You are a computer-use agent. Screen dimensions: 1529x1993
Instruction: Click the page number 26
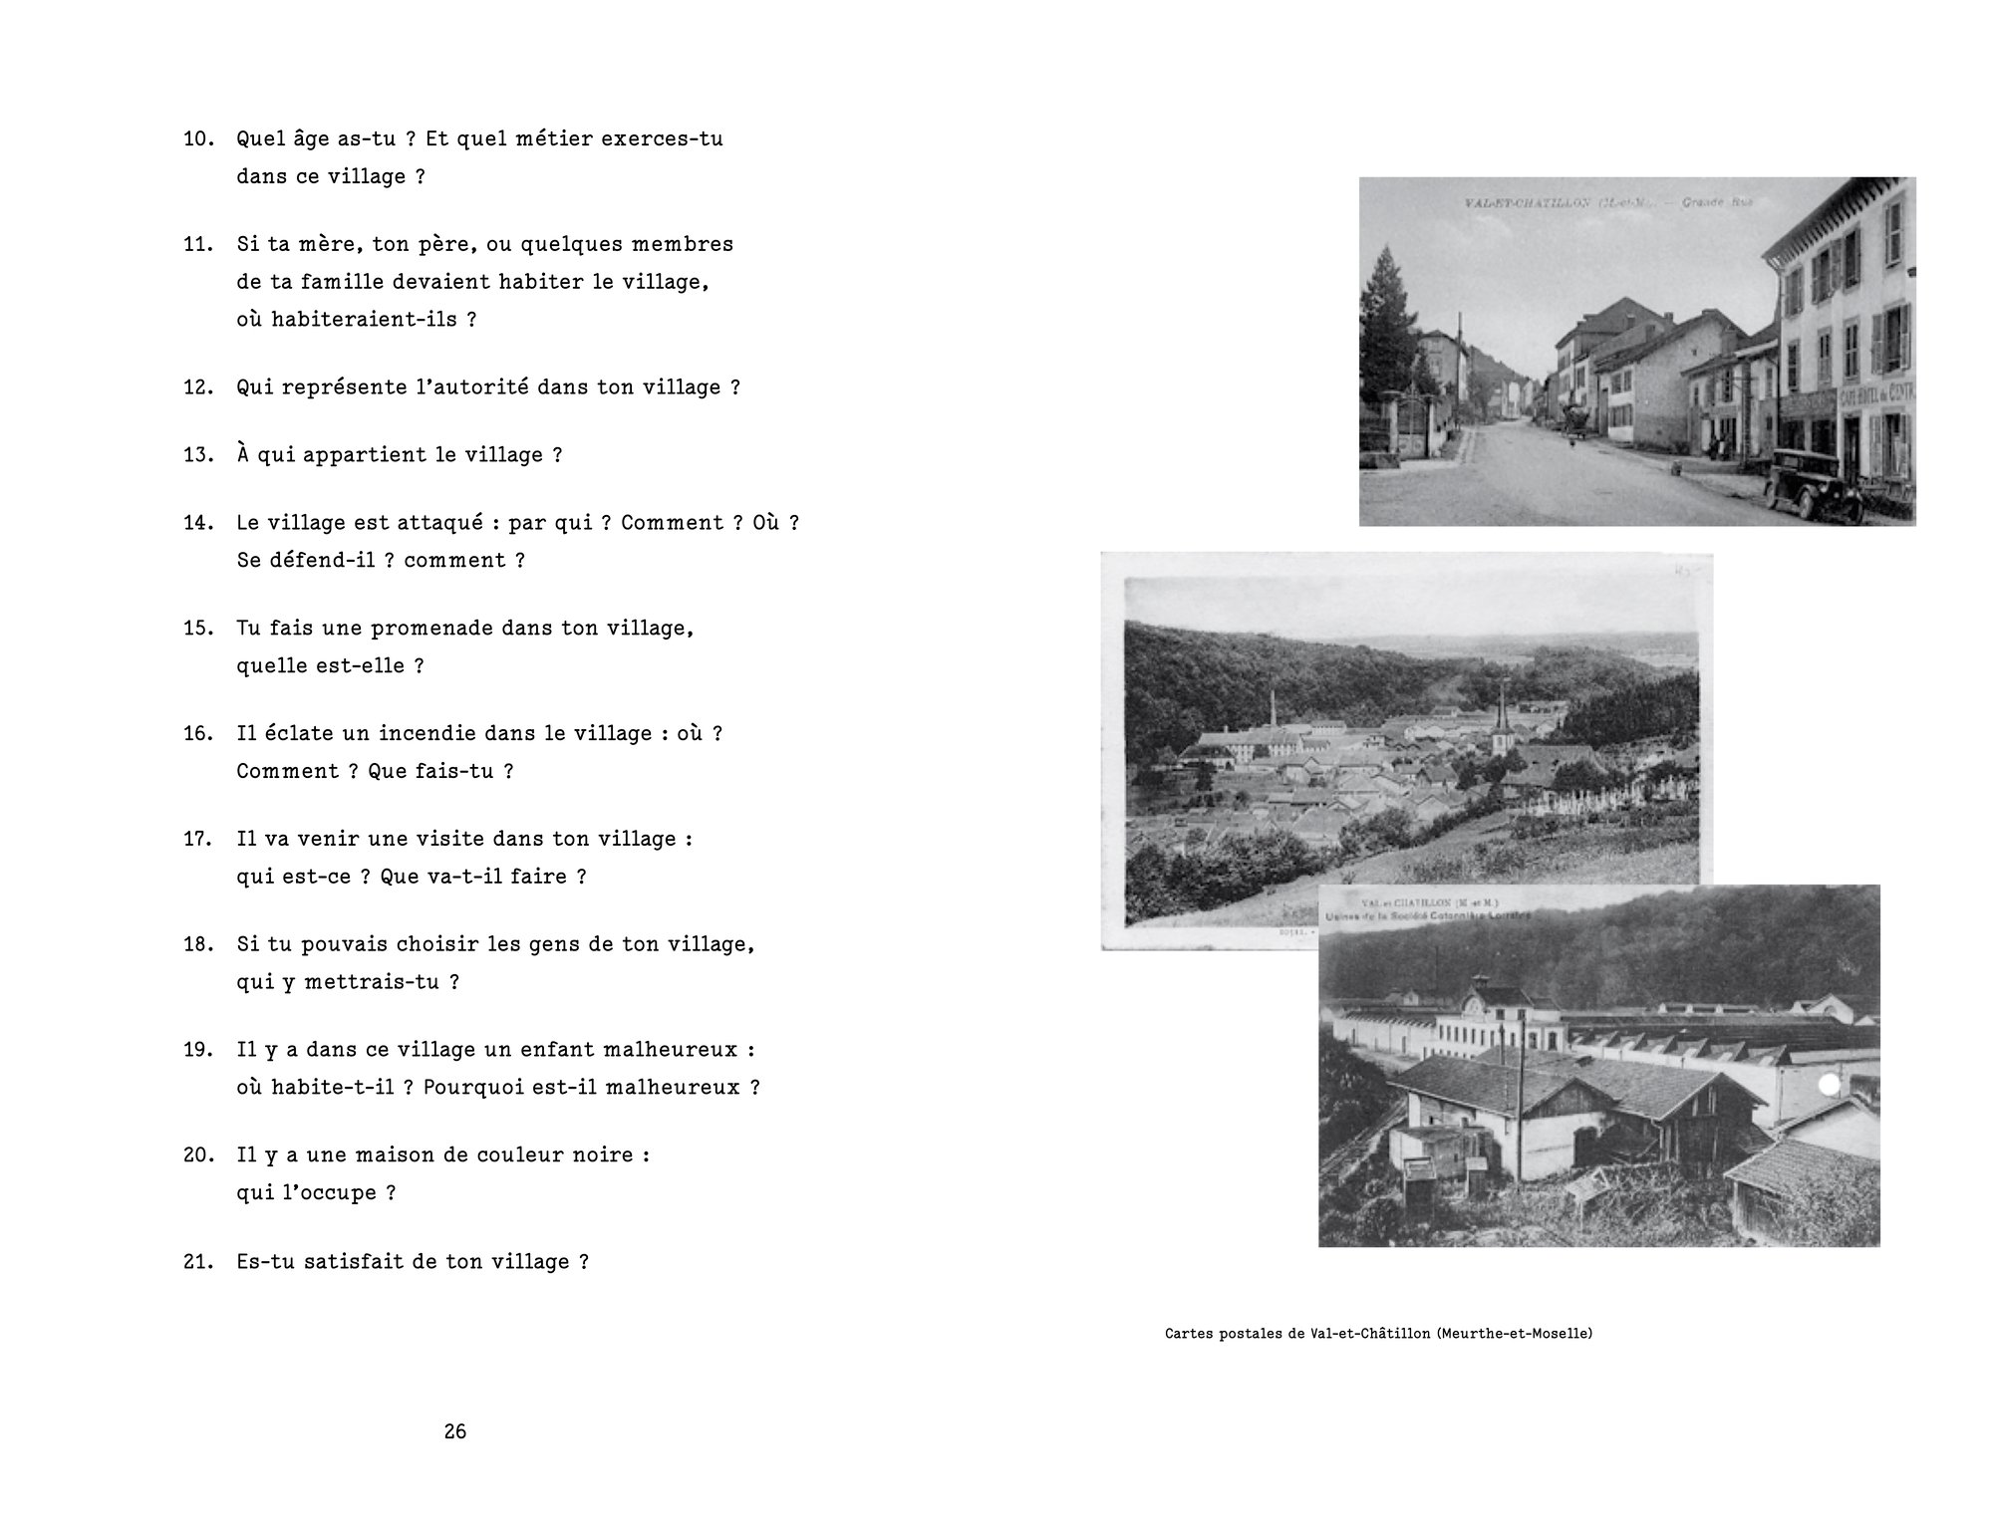tap(455, 1431)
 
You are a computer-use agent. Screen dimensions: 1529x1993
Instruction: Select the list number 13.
tap(197, 455)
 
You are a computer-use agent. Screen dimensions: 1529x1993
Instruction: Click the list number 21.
tap(197, 1262)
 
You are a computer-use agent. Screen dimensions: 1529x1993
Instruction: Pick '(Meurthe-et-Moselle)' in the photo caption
tap(1515, 1333)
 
